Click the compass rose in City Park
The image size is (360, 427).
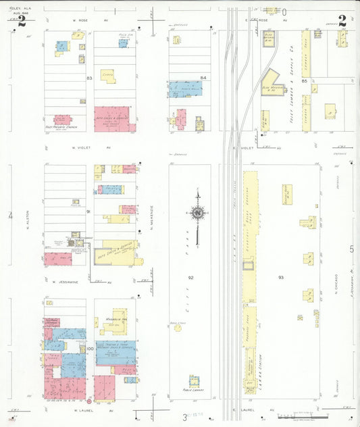(198, 215)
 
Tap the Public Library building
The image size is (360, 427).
(194, 381)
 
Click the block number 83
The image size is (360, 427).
(88, 78)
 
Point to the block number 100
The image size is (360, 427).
(89, 349)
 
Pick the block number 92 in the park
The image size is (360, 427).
(191, 277)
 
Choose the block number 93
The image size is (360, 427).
(281, 277)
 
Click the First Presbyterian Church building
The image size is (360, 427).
(63, 120)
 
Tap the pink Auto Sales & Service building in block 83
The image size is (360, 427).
(111, 118)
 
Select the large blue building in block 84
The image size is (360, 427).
(185, 89)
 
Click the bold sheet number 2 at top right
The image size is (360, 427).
(342, 20)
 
